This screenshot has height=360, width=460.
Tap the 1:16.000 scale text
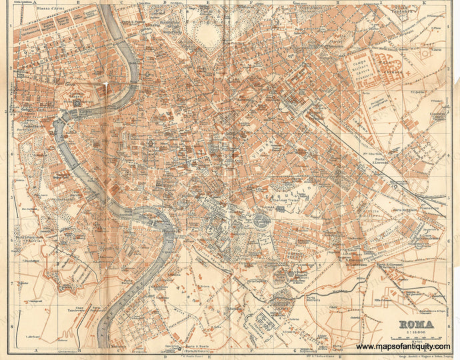tap(416, 333)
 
